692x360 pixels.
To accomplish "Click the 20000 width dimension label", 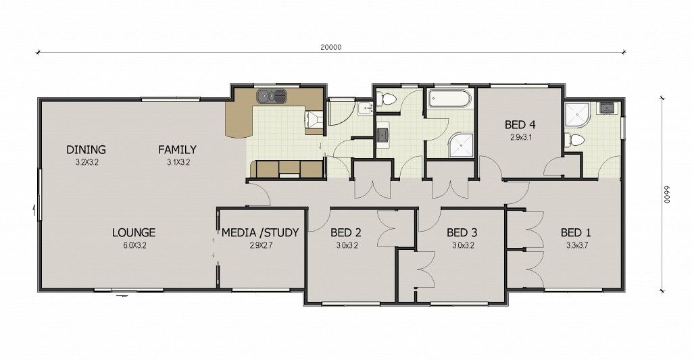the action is click(331, 47).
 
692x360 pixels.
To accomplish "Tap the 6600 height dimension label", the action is click(667, 194).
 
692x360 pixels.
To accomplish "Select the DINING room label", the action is click(86, 149).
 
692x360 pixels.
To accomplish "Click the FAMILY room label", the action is click(177, 149).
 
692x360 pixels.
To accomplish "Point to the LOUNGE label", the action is click(134, 232).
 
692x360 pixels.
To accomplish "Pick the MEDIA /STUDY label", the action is click(260, 232).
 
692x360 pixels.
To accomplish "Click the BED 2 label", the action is click(346, 232).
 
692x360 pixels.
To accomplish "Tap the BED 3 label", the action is click(462, 232).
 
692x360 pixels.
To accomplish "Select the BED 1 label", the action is click(576, 232).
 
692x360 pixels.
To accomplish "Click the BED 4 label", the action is click(520, 124).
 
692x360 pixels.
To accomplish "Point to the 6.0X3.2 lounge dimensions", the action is click(134, 245).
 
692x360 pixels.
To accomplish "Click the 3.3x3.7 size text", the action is click(577, 245).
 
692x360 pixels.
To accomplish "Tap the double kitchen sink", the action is click(272, 96).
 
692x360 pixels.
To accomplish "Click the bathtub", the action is click(449, 98).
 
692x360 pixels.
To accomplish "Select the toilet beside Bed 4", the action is click(574, 140).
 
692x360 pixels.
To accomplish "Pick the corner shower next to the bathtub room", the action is click(461, 145).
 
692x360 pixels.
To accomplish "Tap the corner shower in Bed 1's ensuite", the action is click(578, 115).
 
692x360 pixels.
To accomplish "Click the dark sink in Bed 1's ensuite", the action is click(605, 108).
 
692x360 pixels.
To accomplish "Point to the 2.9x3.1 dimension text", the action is click(521, 137).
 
